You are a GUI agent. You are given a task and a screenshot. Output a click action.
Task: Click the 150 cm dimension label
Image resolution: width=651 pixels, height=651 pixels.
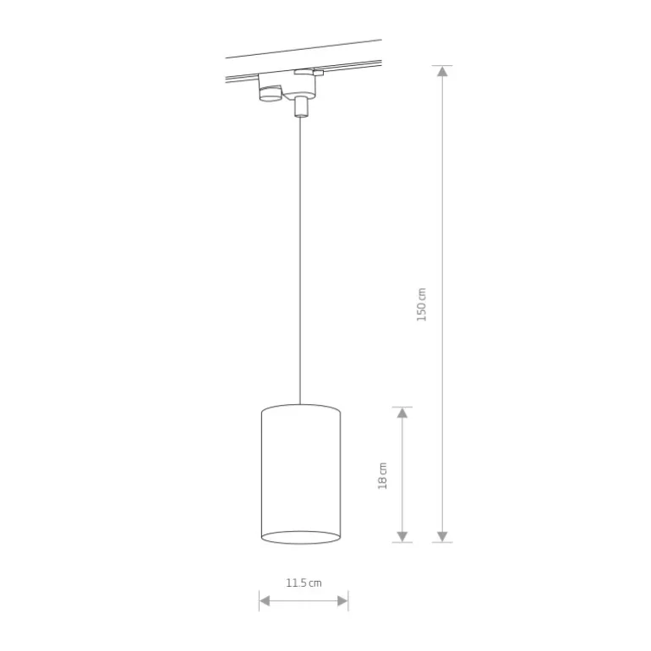pyautogui.click(x=421, y=304)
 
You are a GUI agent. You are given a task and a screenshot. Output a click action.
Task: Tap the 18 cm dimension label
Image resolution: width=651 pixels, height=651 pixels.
pyautogui.click(x=382, y=476)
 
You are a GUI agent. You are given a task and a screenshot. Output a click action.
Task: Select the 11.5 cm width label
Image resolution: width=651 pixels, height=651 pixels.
pyautogui.click(x=304, y=583)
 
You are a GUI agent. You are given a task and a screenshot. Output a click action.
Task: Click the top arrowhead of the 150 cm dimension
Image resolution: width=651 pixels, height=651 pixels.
pyautogui.click(x=442, y=71)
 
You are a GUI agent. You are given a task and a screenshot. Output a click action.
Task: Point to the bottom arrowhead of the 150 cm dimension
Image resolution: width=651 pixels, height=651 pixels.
pyautogui.click(x=442, y=536)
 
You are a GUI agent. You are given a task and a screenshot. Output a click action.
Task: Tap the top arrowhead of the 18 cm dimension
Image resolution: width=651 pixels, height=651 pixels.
pyautogui.click(x=402, y=413)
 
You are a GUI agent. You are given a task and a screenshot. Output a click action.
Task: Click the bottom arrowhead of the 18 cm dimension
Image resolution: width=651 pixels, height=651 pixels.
pyautogui.click(x=402, y=536)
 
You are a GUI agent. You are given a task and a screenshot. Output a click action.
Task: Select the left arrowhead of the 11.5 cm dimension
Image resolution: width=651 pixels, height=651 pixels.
pyautogui.click(x=265, y=601)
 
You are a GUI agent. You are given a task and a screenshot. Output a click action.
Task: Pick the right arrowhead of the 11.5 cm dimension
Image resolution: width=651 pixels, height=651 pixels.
pyautogui.click(x=342, y=601)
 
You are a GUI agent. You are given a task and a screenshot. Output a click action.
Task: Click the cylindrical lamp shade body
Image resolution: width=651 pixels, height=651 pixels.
pyautogui.click(x=301, y=474)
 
